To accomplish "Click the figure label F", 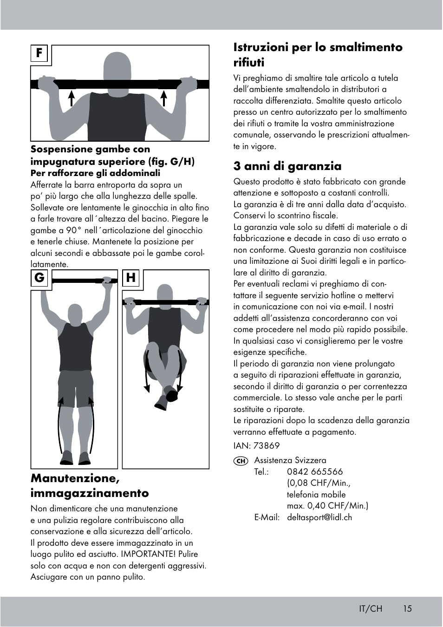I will coord(39,54).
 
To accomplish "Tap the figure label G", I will coord(39,278).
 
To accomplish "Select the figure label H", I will coord(131,278).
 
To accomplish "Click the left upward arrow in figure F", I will coord(72,98).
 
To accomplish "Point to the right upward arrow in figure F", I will coord(164,98).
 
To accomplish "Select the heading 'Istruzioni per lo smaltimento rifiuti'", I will coord(318,54).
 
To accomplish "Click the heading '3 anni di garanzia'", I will coord(287,166).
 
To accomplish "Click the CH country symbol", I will coord(240,461).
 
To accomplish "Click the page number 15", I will coord(407,608).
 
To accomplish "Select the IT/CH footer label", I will coord(370,608).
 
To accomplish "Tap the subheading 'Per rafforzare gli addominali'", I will coord(95,173).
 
